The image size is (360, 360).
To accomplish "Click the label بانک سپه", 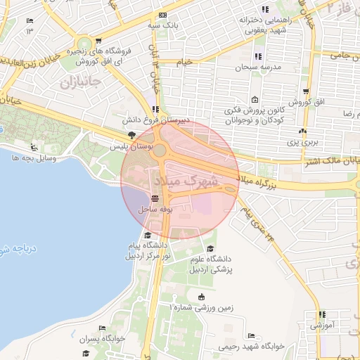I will [x=163, y=25].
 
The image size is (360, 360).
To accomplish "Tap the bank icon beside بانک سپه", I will [x=163, y=15].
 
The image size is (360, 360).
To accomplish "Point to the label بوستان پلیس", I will [x=127, y=146].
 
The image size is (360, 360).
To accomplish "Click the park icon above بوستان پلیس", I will [x=131, y=135].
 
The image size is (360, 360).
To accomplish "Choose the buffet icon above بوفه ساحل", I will [x=154, y=200].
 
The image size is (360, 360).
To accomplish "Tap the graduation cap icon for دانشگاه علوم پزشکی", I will [x=210, y=248].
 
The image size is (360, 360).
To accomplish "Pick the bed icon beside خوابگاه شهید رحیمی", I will [x=252, y=335].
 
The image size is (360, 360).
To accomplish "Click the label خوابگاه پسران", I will [x=102, y=338].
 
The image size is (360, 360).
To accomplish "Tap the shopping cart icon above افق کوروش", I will [x=307, y=91].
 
